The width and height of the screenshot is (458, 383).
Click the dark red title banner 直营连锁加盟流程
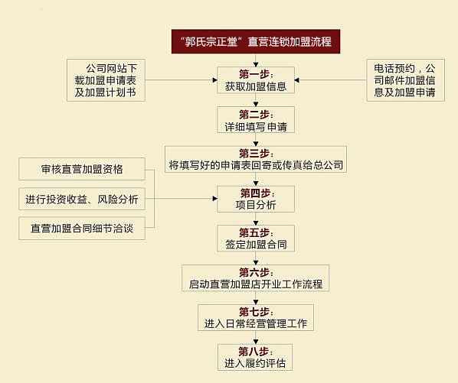256,41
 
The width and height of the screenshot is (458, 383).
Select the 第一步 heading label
256,74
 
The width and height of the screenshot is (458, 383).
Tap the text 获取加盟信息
256,86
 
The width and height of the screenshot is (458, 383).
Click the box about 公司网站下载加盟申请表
106,80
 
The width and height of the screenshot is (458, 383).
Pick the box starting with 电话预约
406,80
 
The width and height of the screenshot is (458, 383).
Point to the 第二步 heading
256,114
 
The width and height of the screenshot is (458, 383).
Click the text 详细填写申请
256,127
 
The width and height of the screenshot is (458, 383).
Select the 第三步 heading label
256,154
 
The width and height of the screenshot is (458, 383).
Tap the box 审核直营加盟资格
82,169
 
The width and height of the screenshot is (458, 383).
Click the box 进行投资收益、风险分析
82,199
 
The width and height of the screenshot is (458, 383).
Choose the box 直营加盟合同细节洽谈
82,229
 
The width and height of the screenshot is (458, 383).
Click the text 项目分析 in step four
256,205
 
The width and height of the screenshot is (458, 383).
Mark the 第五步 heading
256,232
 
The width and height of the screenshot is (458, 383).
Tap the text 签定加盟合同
256,245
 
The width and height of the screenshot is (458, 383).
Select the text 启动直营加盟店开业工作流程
256,284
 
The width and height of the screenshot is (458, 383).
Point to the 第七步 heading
256,312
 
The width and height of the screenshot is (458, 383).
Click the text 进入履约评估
255,363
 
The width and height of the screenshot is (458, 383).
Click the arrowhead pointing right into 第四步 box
215,199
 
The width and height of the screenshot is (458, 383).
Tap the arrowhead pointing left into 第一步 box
296,80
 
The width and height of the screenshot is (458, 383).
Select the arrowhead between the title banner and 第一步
256,64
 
